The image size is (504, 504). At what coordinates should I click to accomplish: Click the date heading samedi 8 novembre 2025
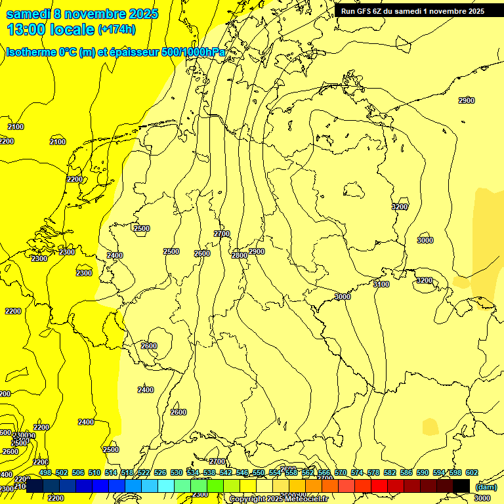click(x=82, y=13)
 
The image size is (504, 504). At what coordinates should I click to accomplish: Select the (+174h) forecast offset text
click(x=117, y=30)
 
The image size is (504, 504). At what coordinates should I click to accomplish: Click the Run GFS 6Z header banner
click(x=413, y=11)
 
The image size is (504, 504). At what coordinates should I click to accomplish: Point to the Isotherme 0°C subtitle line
click(x=115, y=52)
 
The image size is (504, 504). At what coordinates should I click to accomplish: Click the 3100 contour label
click(x=381, y=284)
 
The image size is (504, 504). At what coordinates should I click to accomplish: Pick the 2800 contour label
click(x=240, y=255)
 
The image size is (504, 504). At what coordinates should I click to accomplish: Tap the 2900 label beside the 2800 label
click(x=257, y=251)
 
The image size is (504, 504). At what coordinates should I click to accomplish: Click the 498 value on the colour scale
click(x=45, y=472)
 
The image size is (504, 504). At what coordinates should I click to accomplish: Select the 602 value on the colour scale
click(x=471, y=472)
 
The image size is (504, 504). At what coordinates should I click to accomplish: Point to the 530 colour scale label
click(x=177, y=472)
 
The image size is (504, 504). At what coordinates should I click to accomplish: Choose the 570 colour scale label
click(x=341, y=472)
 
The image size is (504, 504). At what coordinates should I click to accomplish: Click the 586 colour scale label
click(x=406, y=472)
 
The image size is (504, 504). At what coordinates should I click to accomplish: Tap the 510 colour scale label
click(x=94, y=472)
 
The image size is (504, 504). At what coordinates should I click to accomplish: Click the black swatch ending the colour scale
click(x=461, y=486)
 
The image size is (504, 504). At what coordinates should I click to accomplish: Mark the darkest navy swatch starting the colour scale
click(x=35, y=486)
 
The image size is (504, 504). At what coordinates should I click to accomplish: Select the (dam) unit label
click(x=486, y=487)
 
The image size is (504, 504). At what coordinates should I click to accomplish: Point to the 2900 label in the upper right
click(x=466, y=100)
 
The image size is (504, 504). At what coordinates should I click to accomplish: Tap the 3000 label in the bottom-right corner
click(x=482, y=499)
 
